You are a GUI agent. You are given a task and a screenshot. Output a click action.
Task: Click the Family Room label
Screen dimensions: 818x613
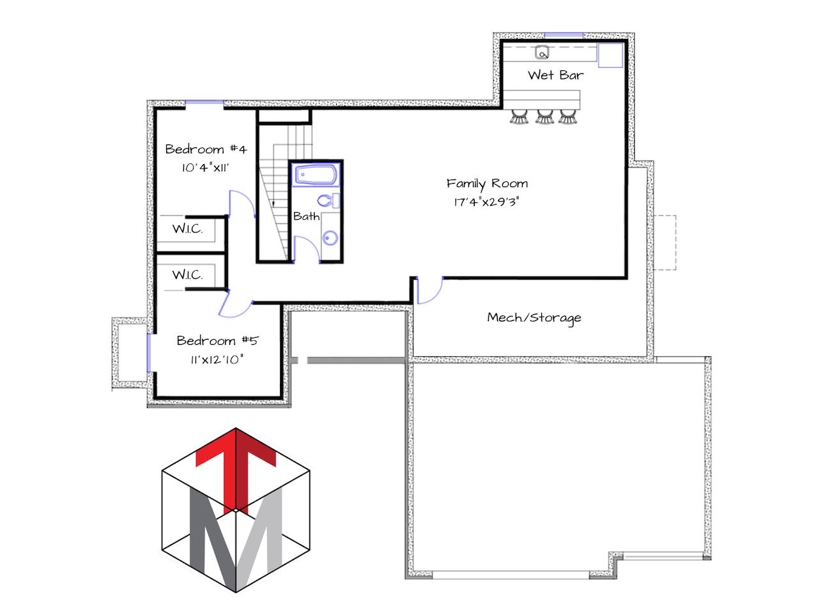pyautogui.click(x=487, y=184)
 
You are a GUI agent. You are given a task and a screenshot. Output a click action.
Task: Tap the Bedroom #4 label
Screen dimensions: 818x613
pyautogui.click(x=206, y=149)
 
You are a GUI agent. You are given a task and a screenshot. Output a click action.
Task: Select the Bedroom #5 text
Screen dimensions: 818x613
pyautogui.click(x=217, y=340)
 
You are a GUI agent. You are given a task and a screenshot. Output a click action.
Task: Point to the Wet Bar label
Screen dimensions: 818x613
pyautogui.click(x=555, y=75)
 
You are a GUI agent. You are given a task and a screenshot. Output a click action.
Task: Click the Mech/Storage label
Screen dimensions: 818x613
pyautogui.click(x=534, y=318)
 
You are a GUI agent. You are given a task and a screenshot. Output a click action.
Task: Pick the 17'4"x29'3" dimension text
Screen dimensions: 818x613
pyautogui.click(x=486, y=202)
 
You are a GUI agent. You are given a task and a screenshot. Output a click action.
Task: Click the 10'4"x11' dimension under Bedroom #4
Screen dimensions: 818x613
pyautogui.click(x=205, y=168)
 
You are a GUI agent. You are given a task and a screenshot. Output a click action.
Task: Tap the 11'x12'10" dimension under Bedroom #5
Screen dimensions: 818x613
pyautogui.click(x=217, y=359)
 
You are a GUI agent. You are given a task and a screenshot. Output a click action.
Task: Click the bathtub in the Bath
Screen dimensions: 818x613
pyautogui.click(x=316, y=175)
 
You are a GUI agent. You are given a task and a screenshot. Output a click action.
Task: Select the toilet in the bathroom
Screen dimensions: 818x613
pyautogui.click(x=328, y=201)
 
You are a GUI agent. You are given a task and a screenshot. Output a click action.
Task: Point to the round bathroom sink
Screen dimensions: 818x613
pyautogui.click(x=330, y=238)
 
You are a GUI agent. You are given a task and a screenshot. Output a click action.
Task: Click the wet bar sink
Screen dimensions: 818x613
pyautogui.click(x=542, y=52)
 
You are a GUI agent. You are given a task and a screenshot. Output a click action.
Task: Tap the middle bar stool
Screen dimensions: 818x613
pyautogui.click(x=544, y=116)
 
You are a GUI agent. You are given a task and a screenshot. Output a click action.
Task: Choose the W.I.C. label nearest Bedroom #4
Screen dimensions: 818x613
pyautogui.click(x=187, y=229)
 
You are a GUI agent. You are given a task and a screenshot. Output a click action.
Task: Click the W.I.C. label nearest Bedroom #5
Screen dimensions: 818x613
pyautogui.click(x=187, y=275)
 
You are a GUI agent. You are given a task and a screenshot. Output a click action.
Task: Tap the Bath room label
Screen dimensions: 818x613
pyautogui.click(x=306, y=216)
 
